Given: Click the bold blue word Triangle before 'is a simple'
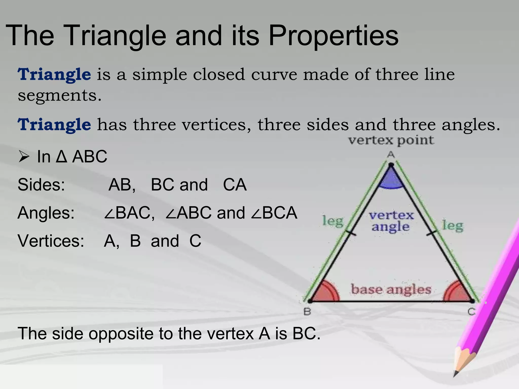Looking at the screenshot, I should [x=54, y=74].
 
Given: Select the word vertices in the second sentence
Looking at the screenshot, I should [x=214, y=125].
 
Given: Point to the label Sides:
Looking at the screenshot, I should [x=41, y=185].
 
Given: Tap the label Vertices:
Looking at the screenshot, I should [x=51, y=241].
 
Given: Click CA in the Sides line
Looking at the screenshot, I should [x=235, y=185].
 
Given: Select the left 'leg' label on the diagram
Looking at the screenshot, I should [x=333, y=221].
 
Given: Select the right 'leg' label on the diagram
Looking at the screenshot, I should [x=453, y=226].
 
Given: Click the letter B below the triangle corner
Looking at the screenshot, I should [x=307, y=312].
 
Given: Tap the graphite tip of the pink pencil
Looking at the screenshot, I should [x=455, y=374].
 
